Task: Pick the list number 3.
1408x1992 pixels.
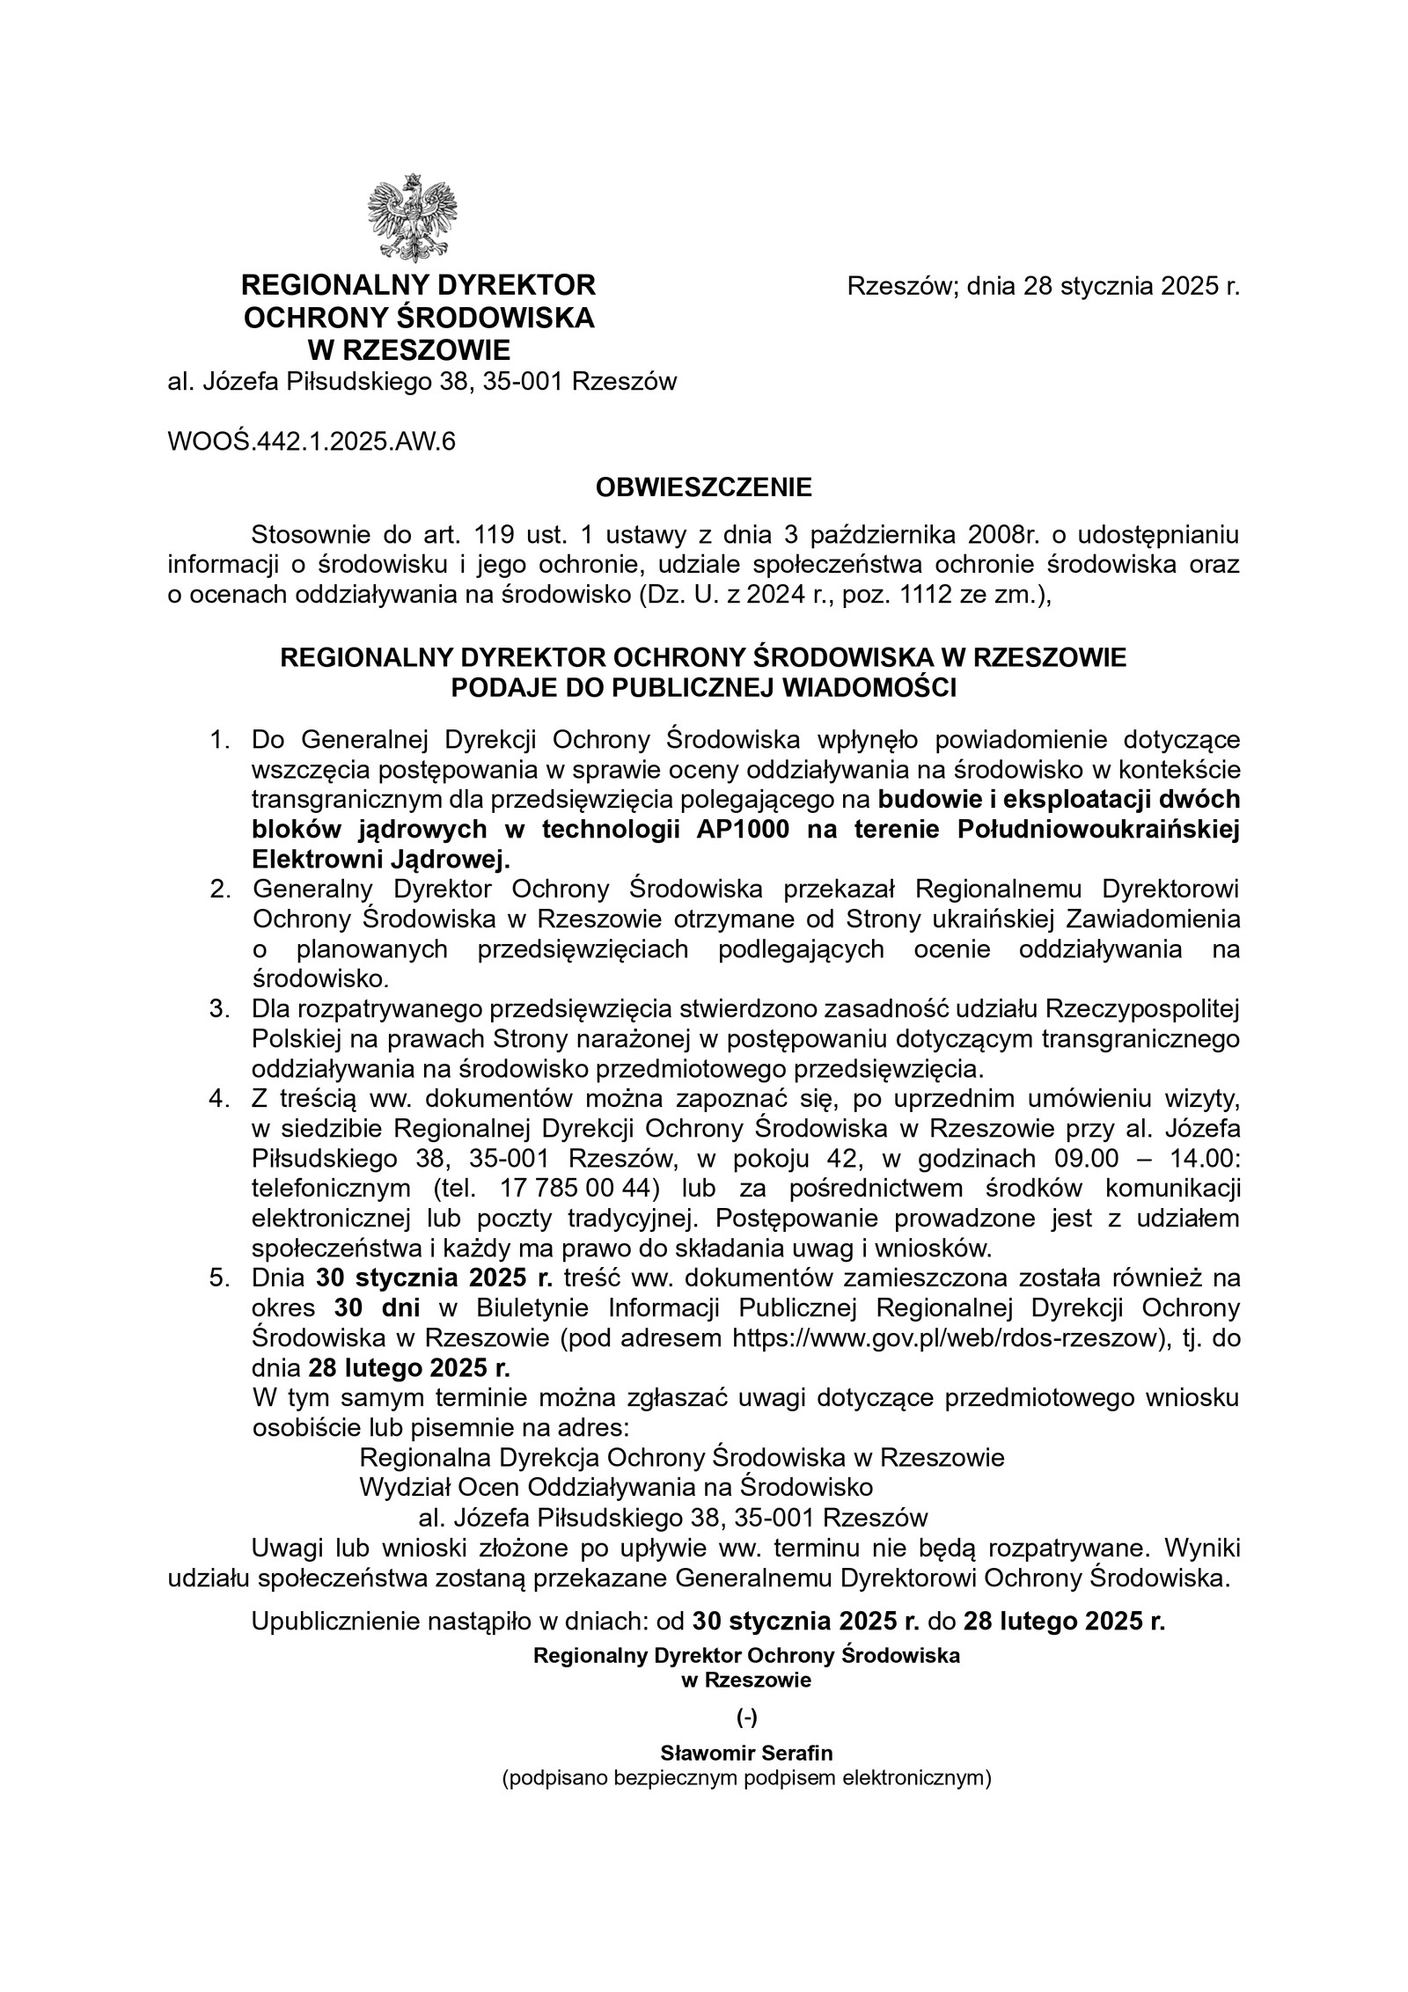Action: pos(219,1008)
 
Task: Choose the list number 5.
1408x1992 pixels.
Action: pos(219,1278)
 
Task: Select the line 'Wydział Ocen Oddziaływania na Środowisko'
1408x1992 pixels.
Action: pos(616,1487)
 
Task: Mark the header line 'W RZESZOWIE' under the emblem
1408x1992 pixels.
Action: pos(408,350)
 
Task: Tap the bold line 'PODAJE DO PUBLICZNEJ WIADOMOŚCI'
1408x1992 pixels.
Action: pos(703,688)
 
